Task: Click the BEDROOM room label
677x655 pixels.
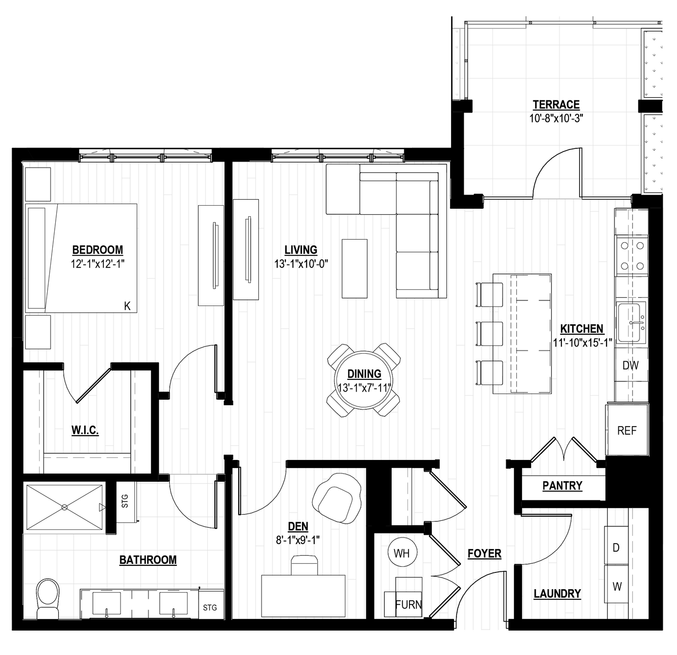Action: pos(97,250)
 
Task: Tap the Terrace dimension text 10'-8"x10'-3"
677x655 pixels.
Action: pos(556,119)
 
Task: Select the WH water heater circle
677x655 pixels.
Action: pos(402,553)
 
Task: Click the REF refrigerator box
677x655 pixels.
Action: pos(627,431)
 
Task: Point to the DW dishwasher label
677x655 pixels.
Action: pos(630,365)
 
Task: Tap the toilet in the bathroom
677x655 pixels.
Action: pos(48,598)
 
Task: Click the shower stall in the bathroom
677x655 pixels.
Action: pos(65,507)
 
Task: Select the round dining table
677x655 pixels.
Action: pos(363,380)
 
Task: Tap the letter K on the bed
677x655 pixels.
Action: pos(127,306)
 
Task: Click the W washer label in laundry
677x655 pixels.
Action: pos(617,587)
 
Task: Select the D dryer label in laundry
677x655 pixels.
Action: pos(616,548)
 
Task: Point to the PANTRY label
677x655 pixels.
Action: pos(562,486)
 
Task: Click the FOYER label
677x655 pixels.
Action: pos(484,553)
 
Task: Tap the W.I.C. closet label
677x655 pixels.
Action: pos(85,430)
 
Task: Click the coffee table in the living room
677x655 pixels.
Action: pos(355,268)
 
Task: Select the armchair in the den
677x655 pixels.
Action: pos(337,498)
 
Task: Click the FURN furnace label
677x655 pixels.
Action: pos(408,605)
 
